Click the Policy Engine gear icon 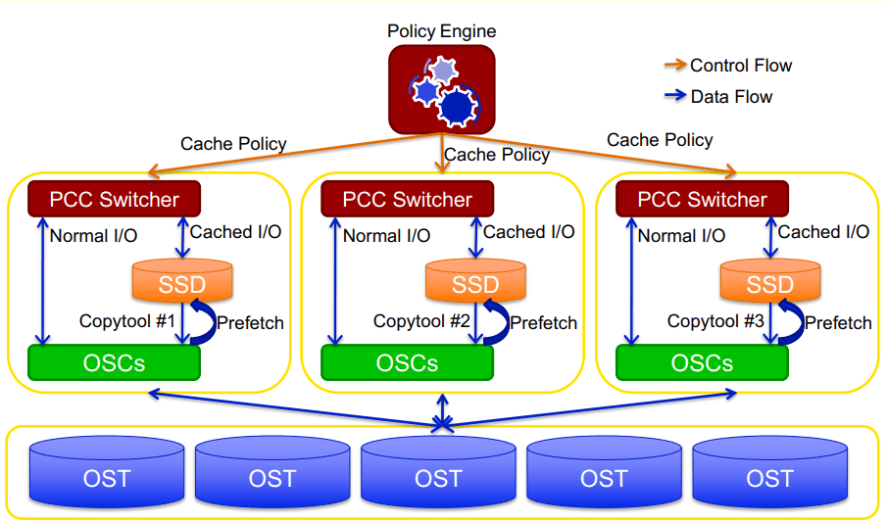pos(441,90)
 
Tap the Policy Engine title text pos(441,31)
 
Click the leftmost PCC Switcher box pos(114,200)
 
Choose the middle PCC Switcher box pos(408,200)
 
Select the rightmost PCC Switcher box pos(702,200)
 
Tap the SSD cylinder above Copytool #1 pos(181,282)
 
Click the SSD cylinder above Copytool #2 pos(475,282)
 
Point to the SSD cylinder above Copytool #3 pos(769,282)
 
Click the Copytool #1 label pos(127,321)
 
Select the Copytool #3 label pos(715,321)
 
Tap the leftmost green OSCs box pos(114,362)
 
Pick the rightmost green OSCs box pos(702,362)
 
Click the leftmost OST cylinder pos(107,475)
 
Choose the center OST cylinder pos(438,475)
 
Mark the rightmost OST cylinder pos(769,475)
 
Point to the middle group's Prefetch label pos(544,323)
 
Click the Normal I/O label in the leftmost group pos(94,236)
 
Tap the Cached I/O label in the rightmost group pos(823,232)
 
